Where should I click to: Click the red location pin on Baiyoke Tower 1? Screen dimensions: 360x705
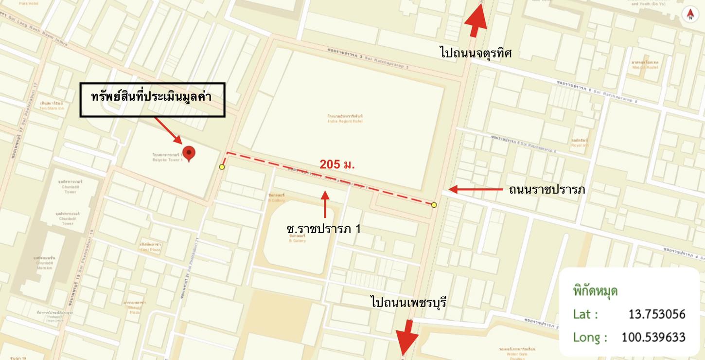click(x=189, y=153)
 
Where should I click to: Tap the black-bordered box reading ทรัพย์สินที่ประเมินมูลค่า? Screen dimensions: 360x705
click(x=152, y=100)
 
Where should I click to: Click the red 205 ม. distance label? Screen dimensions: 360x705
click(x=337, y=164)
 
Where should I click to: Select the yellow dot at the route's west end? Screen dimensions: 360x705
click(x=222, y=167)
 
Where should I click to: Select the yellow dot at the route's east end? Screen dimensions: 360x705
click(x=434, y=205)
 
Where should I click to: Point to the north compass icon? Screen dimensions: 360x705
click(x=690, y=15)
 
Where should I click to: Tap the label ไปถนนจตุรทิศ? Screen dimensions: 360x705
click(x=476, y=53)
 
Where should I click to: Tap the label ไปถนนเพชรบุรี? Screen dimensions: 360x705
click(x=408, y=303)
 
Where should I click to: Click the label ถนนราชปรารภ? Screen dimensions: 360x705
click(x=546, y=190)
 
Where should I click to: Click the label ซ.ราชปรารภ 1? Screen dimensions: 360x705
click(x=323, y=229)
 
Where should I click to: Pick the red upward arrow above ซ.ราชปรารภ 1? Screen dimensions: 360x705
click(x=325, y=204)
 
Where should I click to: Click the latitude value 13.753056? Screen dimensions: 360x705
click(x=656, y=314)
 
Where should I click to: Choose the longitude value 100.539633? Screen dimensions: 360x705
click(x=653, y=337)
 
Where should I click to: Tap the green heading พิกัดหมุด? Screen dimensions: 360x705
click(x=595, y=291)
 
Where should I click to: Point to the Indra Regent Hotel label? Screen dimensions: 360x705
click(x=345, y=119)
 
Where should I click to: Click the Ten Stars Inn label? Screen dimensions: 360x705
click(x=52, y=106)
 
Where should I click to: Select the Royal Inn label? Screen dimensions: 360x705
click(x=580, y=143)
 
